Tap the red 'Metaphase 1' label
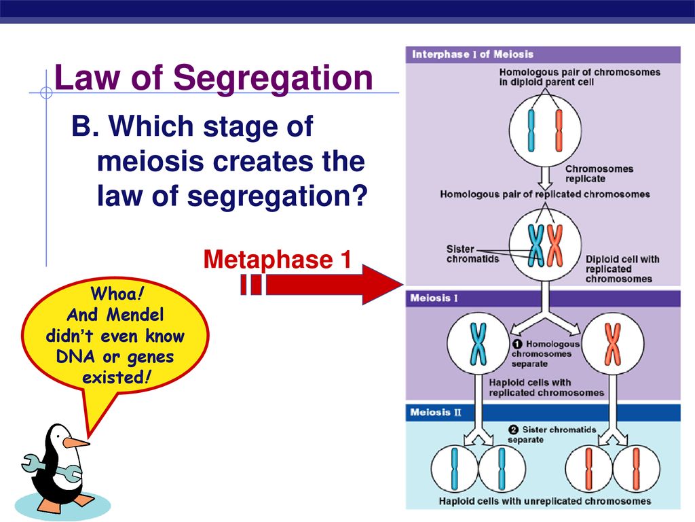277,259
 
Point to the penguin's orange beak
75,442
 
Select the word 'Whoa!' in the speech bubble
117,294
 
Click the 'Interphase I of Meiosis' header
472,54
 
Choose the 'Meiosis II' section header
435,413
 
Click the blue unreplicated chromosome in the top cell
531,131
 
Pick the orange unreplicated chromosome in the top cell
559,131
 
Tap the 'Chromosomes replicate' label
599,173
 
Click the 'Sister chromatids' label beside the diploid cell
472,254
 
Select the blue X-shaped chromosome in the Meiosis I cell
478,343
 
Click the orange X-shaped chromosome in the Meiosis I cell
613,343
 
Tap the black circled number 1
516,344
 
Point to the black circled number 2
513,430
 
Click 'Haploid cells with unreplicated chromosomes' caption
545,501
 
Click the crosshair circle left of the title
46,92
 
